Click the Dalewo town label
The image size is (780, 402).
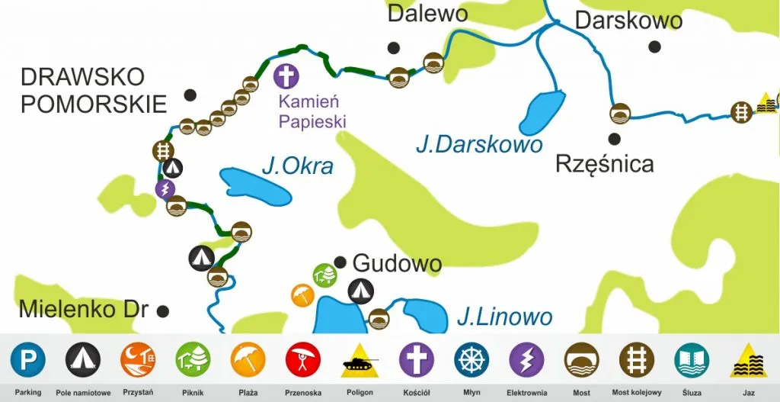(427, 13)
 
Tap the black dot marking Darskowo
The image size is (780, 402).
(654, 47)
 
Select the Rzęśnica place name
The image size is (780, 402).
(604, 163)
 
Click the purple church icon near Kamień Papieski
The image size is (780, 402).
(286, 76)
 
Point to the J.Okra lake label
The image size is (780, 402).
(297, 165)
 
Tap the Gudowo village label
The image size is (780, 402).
(397, 264)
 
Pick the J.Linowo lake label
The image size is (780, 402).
(504, 316)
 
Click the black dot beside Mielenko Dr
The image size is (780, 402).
(162, 310)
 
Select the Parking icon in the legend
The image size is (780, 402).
(28, 359)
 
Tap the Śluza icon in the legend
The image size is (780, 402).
(691, 359)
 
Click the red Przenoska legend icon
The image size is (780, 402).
(303, 359)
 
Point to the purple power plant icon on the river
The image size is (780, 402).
(165, 188)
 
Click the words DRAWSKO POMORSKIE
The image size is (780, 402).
(94, 90)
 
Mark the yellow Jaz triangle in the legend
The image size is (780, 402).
(748, 361)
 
